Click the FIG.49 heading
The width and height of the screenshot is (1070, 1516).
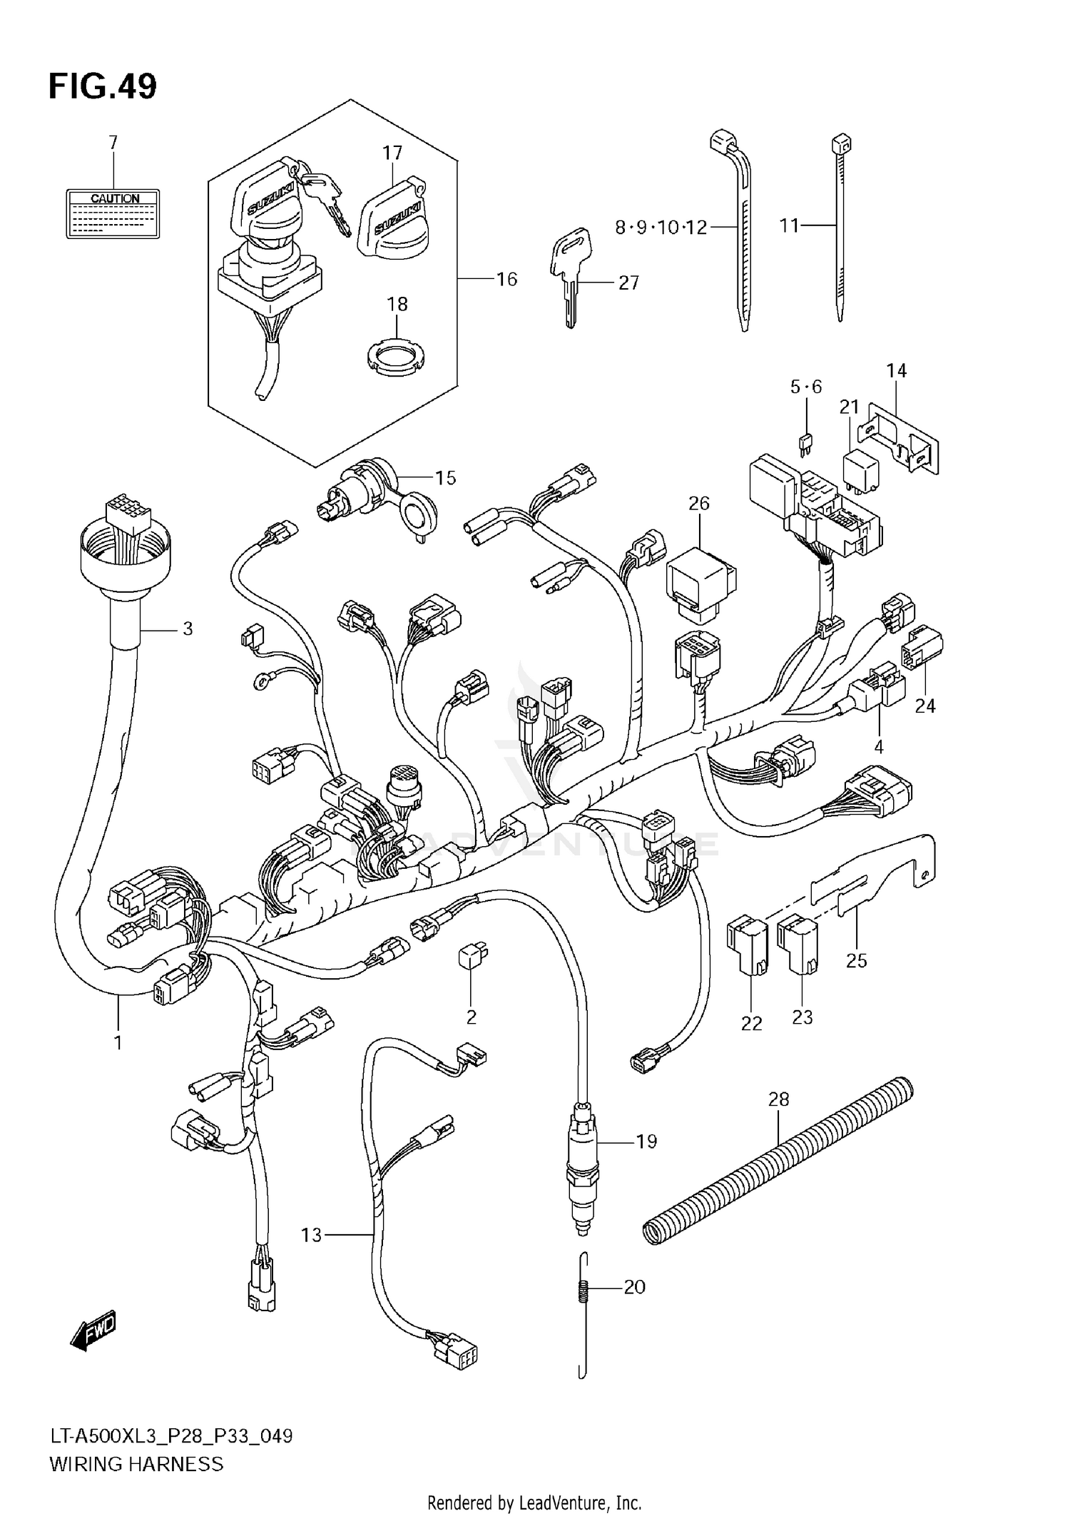[x=102, y=86]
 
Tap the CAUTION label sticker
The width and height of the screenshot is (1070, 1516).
[x=113, y=213]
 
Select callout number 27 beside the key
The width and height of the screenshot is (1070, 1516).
[x=628, y=283]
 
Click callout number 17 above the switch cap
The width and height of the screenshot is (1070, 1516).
[x=392, y=153]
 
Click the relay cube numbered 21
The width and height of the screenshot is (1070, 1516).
[x=861, y=467]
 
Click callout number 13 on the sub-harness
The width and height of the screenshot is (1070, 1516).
[x=312, y=1234]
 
